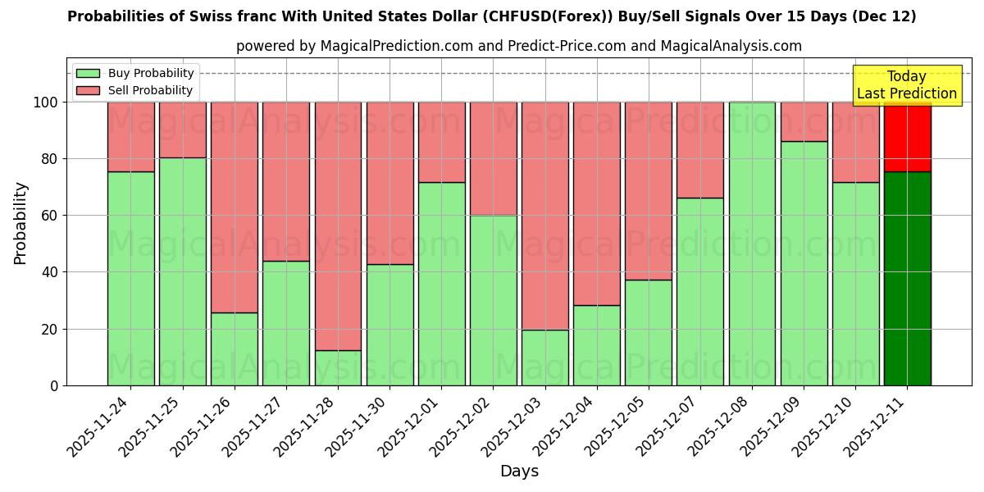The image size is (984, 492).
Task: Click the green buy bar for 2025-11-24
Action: pyautogui.click(x=130, y=279)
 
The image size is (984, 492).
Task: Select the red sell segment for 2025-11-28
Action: pyautogui.click(x=338, y=225)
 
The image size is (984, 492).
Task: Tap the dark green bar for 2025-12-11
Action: pyautogui.click(x=907, y=279)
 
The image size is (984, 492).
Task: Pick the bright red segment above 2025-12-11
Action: pyautogui.click(x=907, y=138)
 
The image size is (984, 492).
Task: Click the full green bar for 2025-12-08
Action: pyautogui.click(x=752, y=244)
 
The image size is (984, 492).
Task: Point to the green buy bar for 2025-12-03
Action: pyautogui.click(x=545, y=358)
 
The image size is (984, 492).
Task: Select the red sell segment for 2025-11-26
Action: pyautogui.click(x=235, y=207)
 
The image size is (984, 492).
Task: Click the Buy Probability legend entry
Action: pyautogui.click(x=135, y=74)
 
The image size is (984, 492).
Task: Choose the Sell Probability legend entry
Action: pyautogui.click(x=135, y=91)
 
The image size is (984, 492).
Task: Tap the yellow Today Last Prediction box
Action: pyautogui.click(x=907, y=85)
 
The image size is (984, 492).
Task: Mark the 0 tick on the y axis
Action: pyautogui.click(x=54, y=385)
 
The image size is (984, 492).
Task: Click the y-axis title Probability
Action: pyautogui.click(x=20, y=222)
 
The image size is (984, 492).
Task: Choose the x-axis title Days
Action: pyautogui.click(x=519, y=471)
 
